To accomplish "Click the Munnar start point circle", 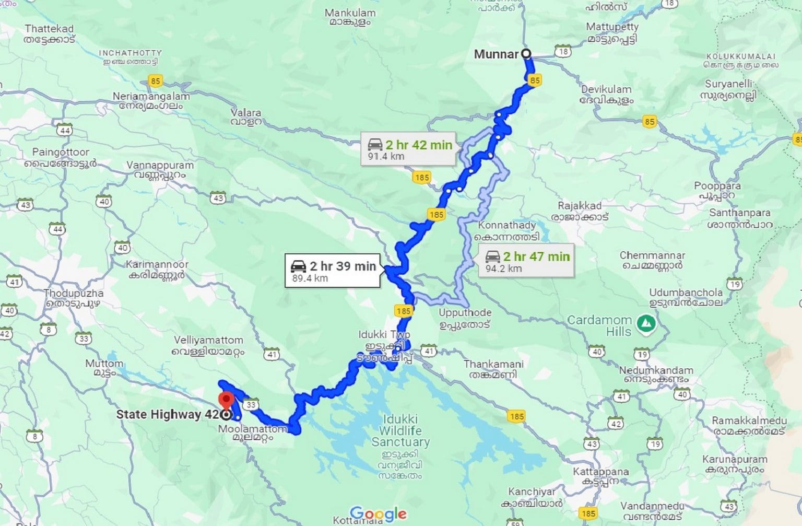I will click(x=526, y=53).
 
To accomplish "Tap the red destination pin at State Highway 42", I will click(x=226, y=401).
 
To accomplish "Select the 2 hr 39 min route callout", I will click(x=333, y=271).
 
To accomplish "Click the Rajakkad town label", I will click(x=580, y=211).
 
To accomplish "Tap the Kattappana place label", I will click(x=600, y=476).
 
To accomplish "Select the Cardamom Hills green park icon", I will click(x=647, y=323).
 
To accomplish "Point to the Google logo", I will click(x=378, y=514).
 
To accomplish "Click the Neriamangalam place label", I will click(x=151, y=101).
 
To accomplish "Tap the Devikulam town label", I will click(x=606, y=94).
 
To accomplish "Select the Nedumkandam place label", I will click(x=656, y=375).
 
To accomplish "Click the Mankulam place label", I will click(x=350, y=17).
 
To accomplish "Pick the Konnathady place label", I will click(x=507, y=230).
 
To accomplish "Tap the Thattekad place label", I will click(x=50, y=33).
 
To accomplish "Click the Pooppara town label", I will click(x=717, y=190).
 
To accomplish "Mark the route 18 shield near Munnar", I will click(x=562, y=52).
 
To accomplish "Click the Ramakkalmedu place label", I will click(x=749, y=426).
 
